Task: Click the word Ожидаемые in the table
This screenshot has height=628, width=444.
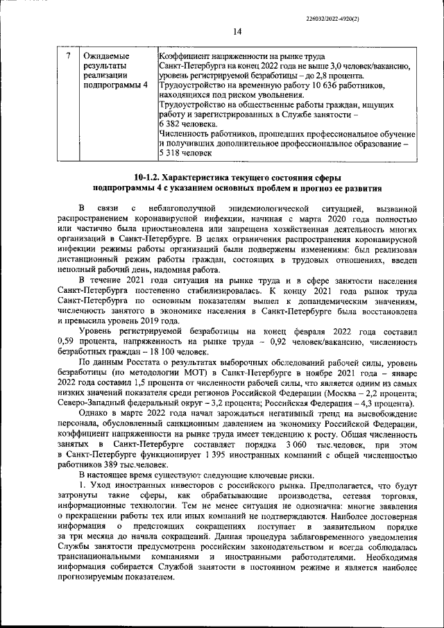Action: point(104,55)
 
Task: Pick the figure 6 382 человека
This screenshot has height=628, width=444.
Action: point(182,124)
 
